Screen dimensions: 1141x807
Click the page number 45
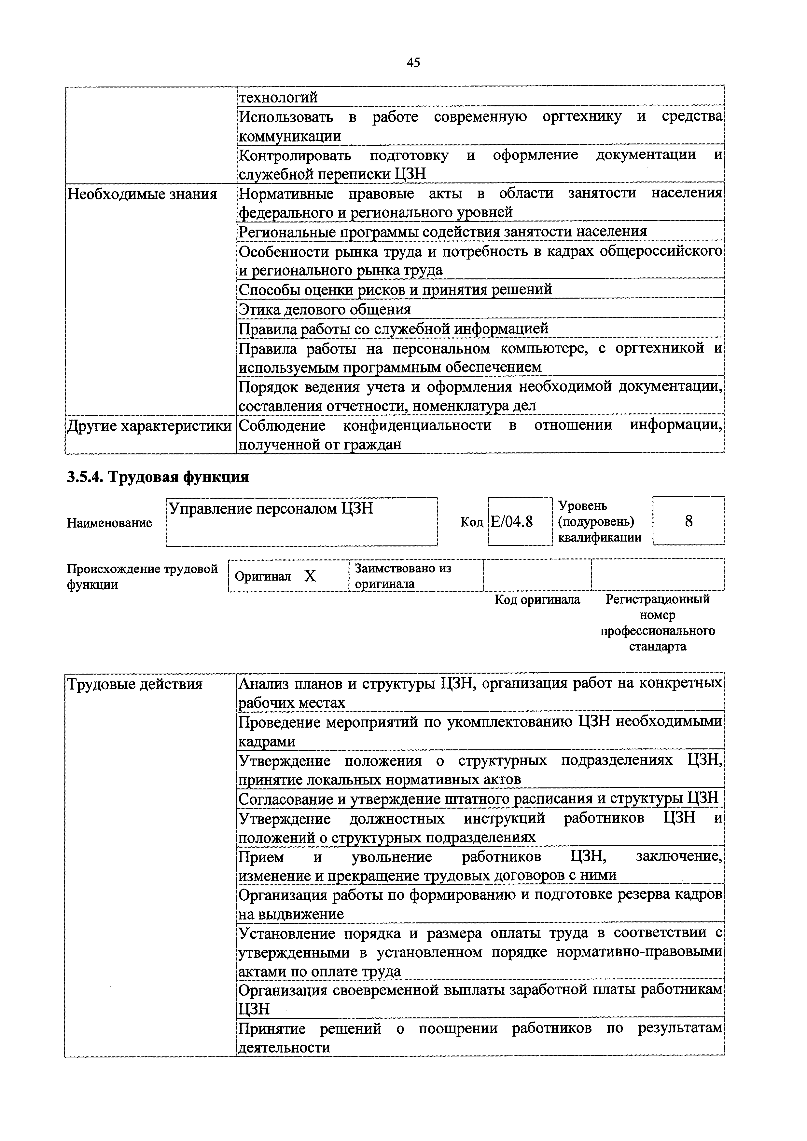[413, 63]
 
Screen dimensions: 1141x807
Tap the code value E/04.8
[512, 522]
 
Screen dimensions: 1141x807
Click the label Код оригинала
[537, 600]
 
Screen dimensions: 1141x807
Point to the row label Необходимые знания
[142, 194]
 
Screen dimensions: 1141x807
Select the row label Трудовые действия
[135, 685]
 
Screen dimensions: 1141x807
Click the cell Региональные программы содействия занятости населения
[442, 232]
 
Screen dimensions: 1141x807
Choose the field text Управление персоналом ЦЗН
[271, 509]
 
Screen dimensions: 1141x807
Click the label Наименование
[109, 523]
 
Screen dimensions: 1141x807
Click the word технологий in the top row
[278, 97]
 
